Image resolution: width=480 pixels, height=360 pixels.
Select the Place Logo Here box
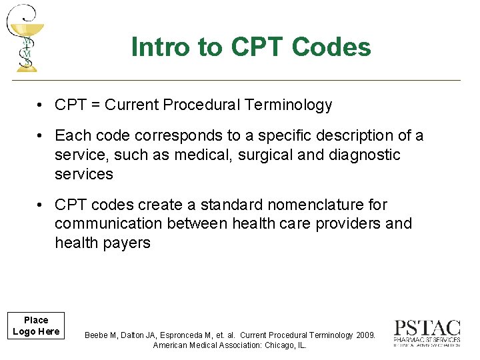point(36,326)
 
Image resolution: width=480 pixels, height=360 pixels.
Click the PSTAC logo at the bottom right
point(427,333)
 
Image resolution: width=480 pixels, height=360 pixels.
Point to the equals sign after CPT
point(95,105)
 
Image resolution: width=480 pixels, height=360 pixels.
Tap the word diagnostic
point(365,155)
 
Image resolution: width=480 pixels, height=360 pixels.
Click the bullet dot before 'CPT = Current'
point(41,105)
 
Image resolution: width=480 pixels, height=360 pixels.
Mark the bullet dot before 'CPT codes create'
point(41,205)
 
